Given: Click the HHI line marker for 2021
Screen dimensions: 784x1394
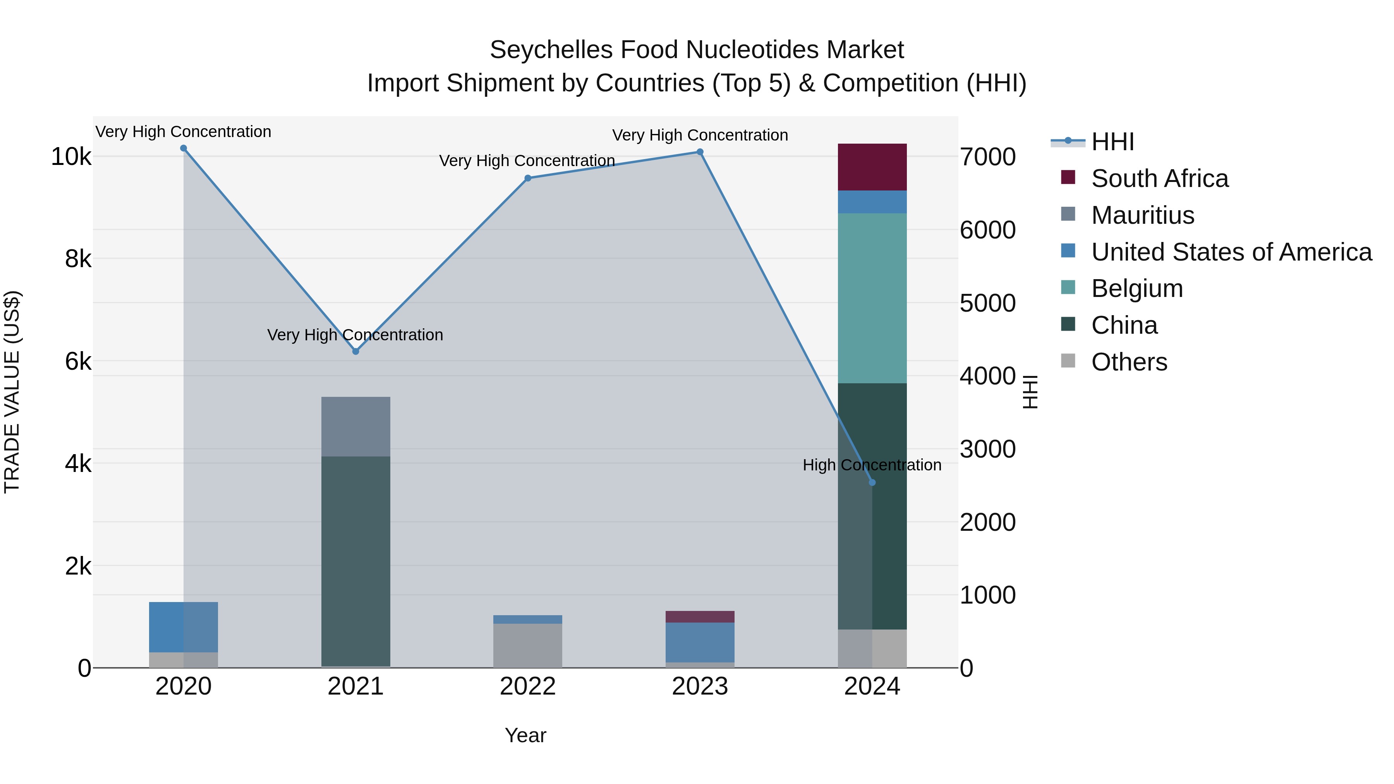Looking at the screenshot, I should tap(355, 351).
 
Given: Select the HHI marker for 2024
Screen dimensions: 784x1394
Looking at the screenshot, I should tap(872, 482).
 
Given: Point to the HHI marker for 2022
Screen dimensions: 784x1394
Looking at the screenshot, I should tap(528, 178).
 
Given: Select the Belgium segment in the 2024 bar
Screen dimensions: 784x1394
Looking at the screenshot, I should tap(872, 298).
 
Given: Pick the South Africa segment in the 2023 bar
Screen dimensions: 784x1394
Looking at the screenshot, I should tap(700, 616).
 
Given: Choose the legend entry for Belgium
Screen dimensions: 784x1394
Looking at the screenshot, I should tap(1136, 288).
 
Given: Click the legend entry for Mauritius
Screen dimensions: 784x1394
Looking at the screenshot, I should tap(1142, 215).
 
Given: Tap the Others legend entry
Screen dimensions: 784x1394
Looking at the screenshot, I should tap(1129, 362).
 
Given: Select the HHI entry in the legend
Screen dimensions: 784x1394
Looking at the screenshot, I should tap(1112, 142).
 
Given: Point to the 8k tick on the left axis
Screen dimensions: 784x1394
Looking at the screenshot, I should tap(78, 259).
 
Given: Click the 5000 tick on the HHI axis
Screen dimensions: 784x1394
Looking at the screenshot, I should tap(987, 303).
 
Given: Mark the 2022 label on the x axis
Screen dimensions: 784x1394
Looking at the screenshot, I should tap(528, 686).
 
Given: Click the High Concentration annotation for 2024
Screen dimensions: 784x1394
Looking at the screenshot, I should tap(872, 465).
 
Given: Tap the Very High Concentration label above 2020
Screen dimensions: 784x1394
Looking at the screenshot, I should tap(184, 132).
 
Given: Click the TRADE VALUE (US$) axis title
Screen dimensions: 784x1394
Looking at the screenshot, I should tap(12, 392).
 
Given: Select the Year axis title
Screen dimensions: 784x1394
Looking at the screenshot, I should tap(525, 735).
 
